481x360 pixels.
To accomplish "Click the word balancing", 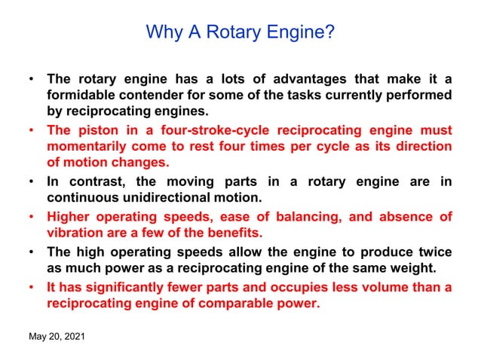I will click(x=306, y=217).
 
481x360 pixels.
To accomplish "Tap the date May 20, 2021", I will click(x=57, y=336).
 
